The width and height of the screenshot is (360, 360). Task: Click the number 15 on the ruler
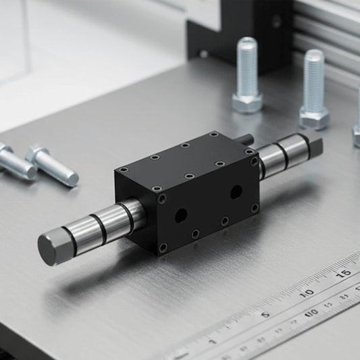click(344, 272)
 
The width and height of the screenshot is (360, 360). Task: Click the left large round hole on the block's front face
click(180, 215)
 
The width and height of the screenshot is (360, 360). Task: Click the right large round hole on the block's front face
click(235, 192)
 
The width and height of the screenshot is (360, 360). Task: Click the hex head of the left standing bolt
click(247, 101)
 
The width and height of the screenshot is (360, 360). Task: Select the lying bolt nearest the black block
click(52, 165)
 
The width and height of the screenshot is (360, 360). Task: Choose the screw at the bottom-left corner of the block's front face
click(162, 248)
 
